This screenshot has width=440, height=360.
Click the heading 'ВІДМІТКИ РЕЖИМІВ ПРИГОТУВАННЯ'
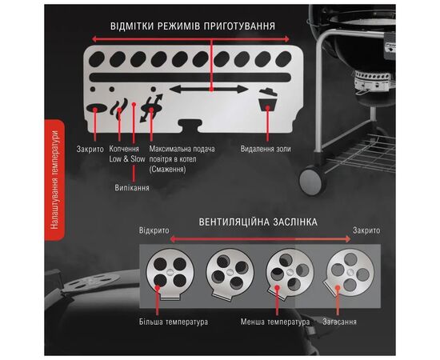click(193, 26)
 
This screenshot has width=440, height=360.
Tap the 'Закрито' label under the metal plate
click(90, 149)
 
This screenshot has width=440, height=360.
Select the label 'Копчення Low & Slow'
click(127, 154)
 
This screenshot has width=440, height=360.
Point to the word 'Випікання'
click(132, 187)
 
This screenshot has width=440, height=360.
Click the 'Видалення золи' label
click(266, 149)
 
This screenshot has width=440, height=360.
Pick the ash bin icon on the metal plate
click(268, 102)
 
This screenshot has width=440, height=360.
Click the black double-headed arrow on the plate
click(209, 90)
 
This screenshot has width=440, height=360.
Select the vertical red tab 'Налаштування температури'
click(54, 180)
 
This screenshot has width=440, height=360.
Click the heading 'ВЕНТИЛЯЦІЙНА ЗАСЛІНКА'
click(258, 222)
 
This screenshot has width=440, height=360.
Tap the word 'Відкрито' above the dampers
click(154, 230)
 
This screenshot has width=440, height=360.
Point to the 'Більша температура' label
click(174, 322)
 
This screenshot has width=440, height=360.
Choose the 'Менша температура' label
click(275, 322)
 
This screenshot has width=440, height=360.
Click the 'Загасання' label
click(339, 322)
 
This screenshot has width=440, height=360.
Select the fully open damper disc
click(170, 273)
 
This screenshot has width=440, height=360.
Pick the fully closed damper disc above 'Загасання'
click(350, 273)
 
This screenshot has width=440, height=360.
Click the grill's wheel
click(312, 181)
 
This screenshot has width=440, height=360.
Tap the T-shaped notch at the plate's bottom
click(190, 126)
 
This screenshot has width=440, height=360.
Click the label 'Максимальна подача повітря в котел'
click(182, 154)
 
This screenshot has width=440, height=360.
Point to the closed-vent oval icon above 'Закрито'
click(97, 109)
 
